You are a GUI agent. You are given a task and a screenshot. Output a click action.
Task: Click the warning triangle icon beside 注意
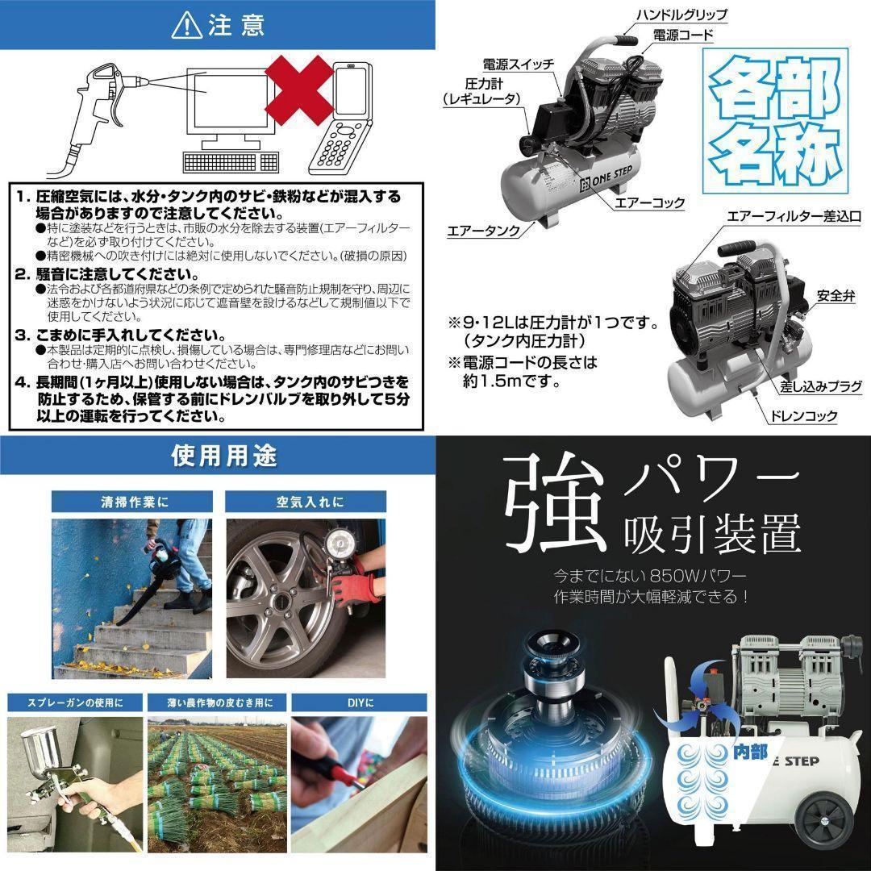tap(187, 26)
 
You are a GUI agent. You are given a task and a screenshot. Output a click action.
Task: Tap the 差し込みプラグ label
tap(820, 388)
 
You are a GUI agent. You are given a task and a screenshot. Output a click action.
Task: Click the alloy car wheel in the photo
tap(283, 593)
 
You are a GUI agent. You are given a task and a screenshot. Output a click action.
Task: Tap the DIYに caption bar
tap(358, 702)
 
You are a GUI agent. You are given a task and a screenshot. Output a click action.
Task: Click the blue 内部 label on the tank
tap(749, 751)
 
